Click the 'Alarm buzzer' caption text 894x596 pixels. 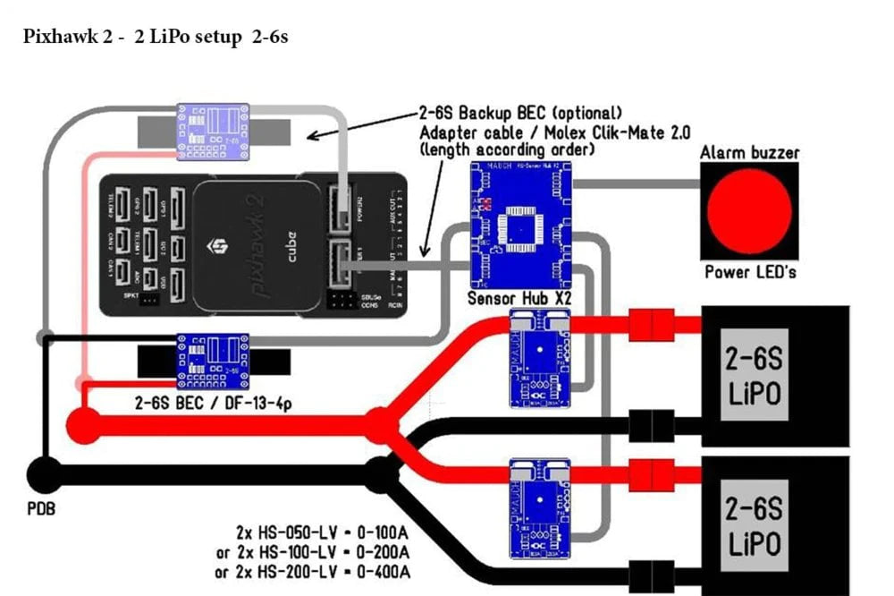click(x=749, y=153)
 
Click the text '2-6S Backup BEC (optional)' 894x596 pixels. click(x=519, y=113)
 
